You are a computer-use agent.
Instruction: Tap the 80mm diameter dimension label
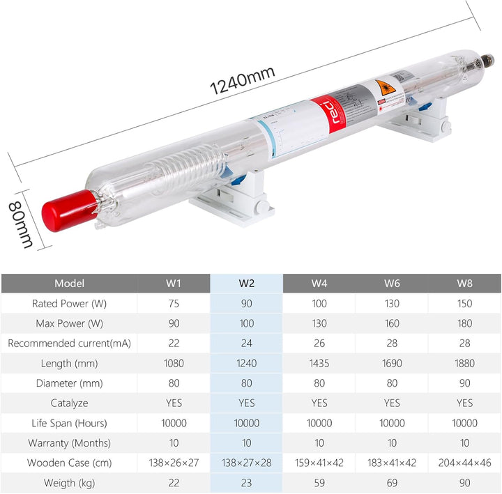tap(21, 224)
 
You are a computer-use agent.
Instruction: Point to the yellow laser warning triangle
tap(381, 89)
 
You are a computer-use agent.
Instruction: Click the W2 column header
tap(246, 284)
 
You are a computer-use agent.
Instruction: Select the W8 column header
tap(464, 284)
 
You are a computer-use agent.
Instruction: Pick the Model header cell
tap(69, 284)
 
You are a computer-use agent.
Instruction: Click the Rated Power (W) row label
tap(69, 304)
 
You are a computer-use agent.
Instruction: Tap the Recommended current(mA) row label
tap(69, 344)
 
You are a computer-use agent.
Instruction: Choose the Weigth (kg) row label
tap(69, 483)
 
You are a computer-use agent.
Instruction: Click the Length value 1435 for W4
tap(319, 363)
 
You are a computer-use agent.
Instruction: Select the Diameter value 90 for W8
tap(464, 383)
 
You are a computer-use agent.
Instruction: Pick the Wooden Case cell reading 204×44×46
tap(464, 463)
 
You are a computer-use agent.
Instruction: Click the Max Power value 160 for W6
tap(392, 323)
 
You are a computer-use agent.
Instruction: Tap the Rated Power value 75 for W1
tap(174, 304)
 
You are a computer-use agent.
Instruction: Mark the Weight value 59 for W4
tap(319, 483)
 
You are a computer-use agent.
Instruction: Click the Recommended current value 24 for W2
tap(246, 344)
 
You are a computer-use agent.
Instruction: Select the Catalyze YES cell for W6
tap(392, 403)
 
